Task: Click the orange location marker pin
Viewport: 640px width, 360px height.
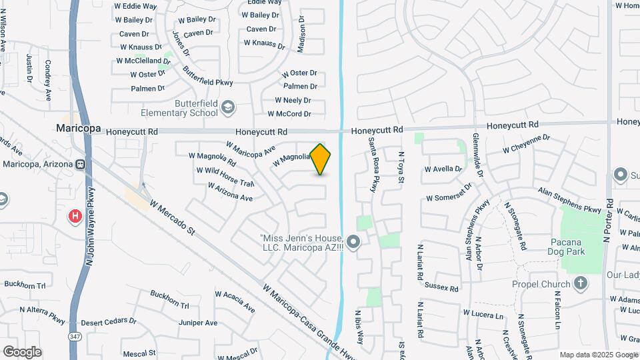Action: pyautogui.click(x=321, y=159)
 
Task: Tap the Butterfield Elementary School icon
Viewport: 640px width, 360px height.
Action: pyautogui.click(x=228, y=107)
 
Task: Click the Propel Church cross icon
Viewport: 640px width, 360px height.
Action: pyautogui.click(x=581, y=283)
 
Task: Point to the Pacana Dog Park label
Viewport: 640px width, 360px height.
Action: pyautogui.click(x=567, y=247)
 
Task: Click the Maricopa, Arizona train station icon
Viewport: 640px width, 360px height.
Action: pyautogui.click(x=79, y=164)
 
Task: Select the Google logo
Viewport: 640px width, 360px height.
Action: pyautogui.click(x=22, y=352)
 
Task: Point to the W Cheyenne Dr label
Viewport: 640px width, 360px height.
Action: pyautogui.click(x=526, y=143)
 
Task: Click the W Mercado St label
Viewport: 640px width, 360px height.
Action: pyautogui.click(x=172, y=217)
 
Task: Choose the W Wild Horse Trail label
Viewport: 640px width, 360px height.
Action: pyautogui.click(x=225, y=177)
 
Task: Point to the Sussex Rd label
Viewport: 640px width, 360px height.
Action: pyautogui.click(x=441, y=289)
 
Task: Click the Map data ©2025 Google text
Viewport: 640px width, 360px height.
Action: pyautogui.click(x=598, y=355)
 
